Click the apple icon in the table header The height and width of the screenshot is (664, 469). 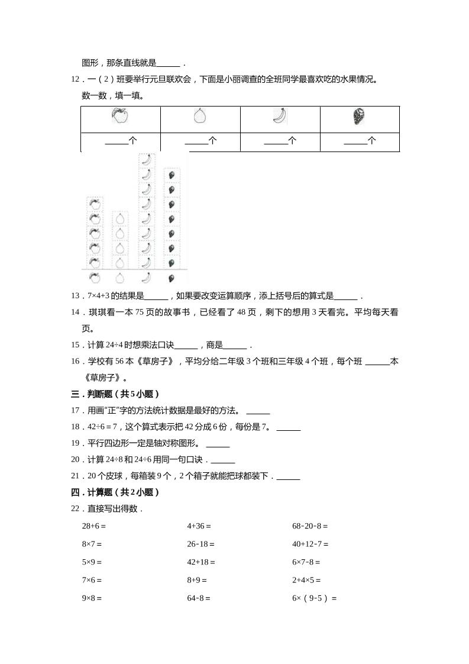[x=119, y=116]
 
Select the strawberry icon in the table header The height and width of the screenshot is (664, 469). [x=358, y=117]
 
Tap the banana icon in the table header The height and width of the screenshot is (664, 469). [x=280, y=116]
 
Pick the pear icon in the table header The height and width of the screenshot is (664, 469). [x=200, y=117]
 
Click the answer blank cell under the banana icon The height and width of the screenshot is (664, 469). [x=280, y=141]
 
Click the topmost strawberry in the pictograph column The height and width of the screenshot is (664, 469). [x=171, y=175]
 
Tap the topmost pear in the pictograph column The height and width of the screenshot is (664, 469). [x=120, y=218]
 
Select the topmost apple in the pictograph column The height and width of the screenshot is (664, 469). [x=94, y=204]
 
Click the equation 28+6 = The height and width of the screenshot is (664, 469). [x=93, y=526]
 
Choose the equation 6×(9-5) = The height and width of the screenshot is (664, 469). [x=314, y=598]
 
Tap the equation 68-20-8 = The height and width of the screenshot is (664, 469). [x=310, y=526]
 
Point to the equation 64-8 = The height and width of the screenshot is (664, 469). [x=199, y=598]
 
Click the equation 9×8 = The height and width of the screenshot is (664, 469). [x=92, y=598]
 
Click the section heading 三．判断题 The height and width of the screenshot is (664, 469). [x=115, y=394]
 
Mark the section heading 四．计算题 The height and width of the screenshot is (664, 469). [x=115, y=492]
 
